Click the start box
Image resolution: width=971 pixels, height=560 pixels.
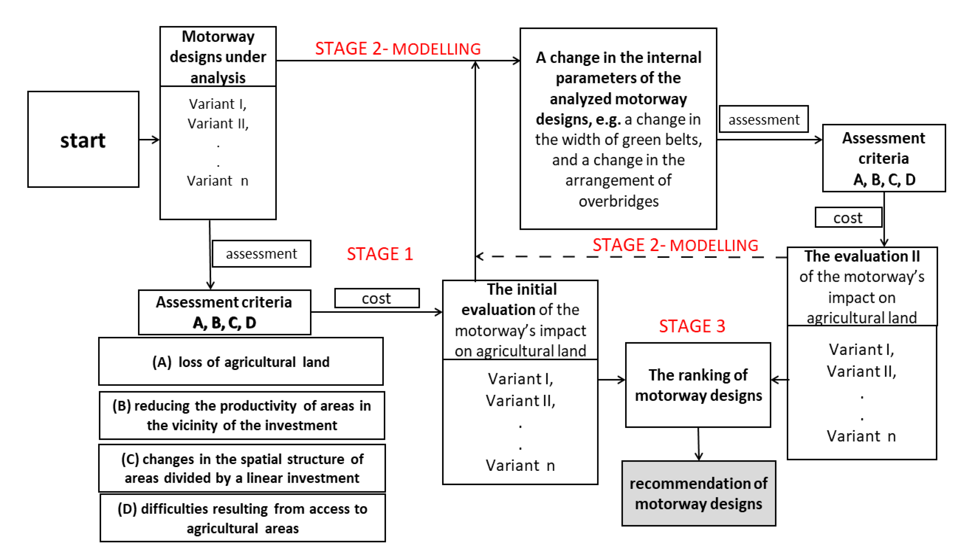pyautogui.click(x=83, y=139)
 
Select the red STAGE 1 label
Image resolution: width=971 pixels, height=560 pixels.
pyautogui.click(x=379, y=254)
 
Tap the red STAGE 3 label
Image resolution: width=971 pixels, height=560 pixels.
pyautogui.click(x=692, y=326)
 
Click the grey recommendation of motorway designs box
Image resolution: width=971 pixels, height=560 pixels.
pyautogui.click(x=698, y=493)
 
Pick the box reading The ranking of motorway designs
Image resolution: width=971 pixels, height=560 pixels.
pyautogui.click(x=698, y=385)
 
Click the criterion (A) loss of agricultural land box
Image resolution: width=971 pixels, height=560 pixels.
pyautogui.click(x=241, y=362)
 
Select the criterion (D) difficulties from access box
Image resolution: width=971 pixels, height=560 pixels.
pyautogui.click(x=242, y=518)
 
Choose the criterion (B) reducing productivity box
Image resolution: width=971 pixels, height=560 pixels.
pyautogui.click(x=242, y=415)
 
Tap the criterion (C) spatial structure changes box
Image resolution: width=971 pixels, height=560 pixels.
pyautogui.click(x=242, y=468)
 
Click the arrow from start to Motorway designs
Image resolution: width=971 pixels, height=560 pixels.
pyautogui.click(x=149, y=139)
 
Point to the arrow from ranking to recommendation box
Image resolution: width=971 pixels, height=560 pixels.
pyautogui.click(x=699, y=444)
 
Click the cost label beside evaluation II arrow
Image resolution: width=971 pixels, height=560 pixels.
pyautogui.click(x=847, y=218)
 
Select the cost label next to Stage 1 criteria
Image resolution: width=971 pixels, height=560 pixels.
pyautogui.click(x=376, y=298)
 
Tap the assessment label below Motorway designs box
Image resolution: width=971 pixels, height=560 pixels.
pyautogui.click(x=261, y=254)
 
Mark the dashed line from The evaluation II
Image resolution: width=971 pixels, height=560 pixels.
pyautogui.click(x=631, y=257)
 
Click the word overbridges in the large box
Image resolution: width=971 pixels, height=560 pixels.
pyautogui.click(x=618, y=201)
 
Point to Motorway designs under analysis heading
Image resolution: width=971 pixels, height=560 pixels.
pyautogui.click(x=218, y=56)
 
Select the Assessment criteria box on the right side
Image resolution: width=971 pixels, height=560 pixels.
pyautogui.click(x=883, y=158)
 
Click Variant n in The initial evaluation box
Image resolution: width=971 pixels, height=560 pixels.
pyautogui.click(x=520, y=465)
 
